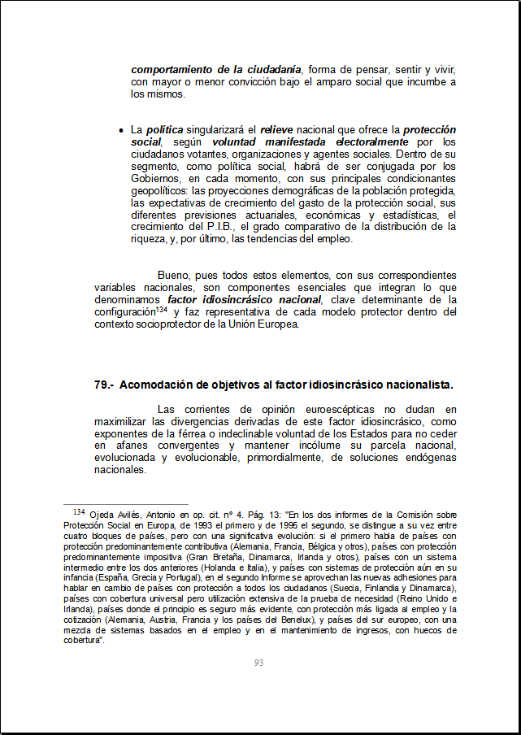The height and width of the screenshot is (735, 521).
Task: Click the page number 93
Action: click(258, 663)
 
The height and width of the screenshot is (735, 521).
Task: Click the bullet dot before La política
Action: click(121, 130)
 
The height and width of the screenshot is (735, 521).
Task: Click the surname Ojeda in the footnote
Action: click(102, 515)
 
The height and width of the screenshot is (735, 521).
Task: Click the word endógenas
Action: click(431, 458)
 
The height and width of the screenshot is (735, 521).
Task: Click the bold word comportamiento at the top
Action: click(176, 69)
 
